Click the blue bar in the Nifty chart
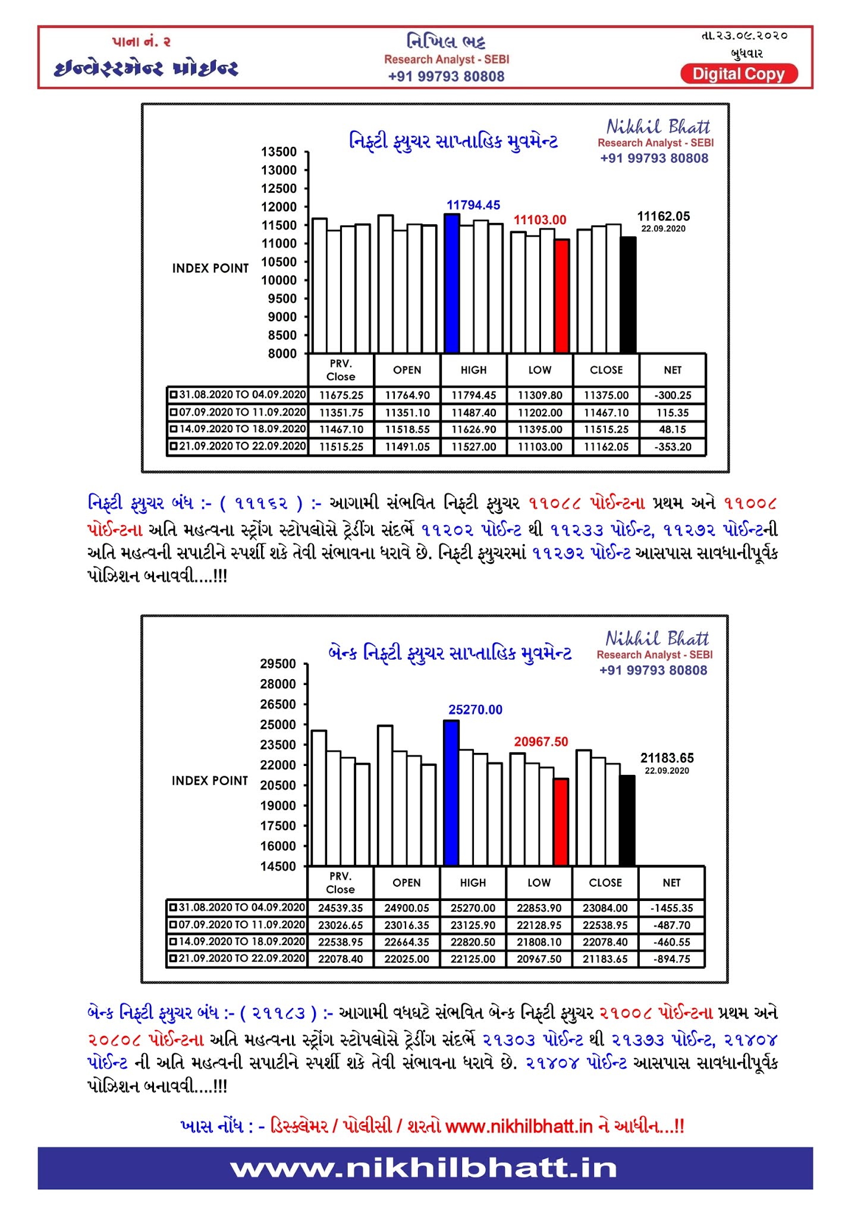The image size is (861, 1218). click(x=452, y=283)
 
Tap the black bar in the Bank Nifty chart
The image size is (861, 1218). click(x=627, y=820)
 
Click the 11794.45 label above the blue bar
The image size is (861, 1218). click(x=473, y=205)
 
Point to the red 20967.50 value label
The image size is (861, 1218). click(x=541, y=742)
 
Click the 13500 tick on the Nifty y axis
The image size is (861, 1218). click(x=279, y=152)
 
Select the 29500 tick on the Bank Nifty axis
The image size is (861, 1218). click(x=278, y=664)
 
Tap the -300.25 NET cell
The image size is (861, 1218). click(x=673, y=395)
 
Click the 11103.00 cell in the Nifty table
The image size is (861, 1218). click(x=540, y=447)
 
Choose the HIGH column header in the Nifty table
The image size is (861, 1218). click(x=473, y=370)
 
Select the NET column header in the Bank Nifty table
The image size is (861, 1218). click(x=671, y=883)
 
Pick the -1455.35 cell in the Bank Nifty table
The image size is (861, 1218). click(x=671, y=908)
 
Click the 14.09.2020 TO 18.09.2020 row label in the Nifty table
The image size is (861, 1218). click(x=238, y=429)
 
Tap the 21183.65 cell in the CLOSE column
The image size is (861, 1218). click(x=605, y=959)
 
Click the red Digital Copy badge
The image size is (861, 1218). click(x=739, y=74)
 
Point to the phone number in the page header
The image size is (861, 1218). click(x=446, y=77)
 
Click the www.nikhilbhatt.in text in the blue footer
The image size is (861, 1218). click(x=424, y=1168)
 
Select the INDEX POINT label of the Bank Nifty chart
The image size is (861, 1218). click(x=210, y=780)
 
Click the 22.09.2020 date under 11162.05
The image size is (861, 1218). click(x=663, y=229)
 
